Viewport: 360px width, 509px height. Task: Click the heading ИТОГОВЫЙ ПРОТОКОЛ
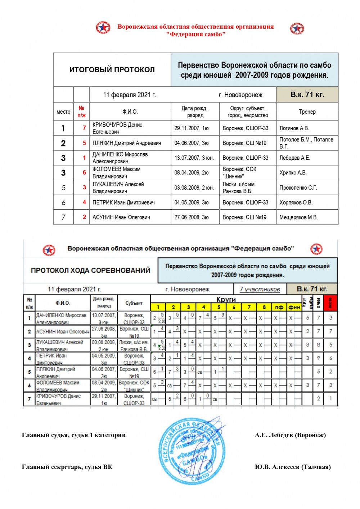click(x=112, y=70)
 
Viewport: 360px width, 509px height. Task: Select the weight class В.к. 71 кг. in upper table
click(x=307, y=95)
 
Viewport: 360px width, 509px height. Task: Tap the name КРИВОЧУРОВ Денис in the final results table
click(x=117, y=125)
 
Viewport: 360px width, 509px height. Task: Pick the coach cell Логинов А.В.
click(x=294, y=128)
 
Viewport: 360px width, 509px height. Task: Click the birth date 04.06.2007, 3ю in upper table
click(x=192, y=143)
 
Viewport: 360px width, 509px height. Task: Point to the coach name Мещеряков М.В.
click(x=298, y=217)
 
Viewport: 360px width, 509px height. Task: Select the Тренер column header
click(x=307, y=112)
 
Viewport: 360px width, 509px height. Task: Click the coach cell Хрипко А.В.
click(x=293, y=173)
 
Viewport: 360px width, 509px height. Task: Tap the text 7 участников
click(x=260, y=289)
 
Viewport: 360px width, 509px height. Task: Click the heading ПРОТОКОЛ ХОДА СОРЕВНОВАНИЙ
click(x=90, y=271)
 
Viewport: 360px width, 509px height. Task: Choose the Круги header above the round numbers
click(x=226, y=299)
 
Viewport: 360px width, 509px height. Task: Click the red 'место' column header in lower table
click(x=330, y=303)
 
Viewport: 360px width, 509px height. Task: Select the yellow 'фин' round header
click(x=294, y=307)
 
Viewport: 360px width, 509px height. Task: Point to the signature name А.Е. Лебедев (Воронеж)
click(x=290, y=435)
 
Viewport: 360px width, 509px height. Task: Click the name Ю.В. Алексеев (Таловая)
click(x=293, y=467)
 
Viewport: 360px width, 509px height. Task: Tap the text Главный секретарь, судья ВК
click(x=67, y=467)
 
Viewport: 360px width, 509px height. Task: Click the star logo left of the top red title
click(x=103, y=28)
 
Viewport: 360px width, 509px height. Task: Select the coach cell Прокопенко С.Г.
click(x=298, y=188)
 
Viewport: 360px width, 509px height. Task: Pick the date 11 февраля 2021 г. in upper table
click(x=130, y=95)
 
